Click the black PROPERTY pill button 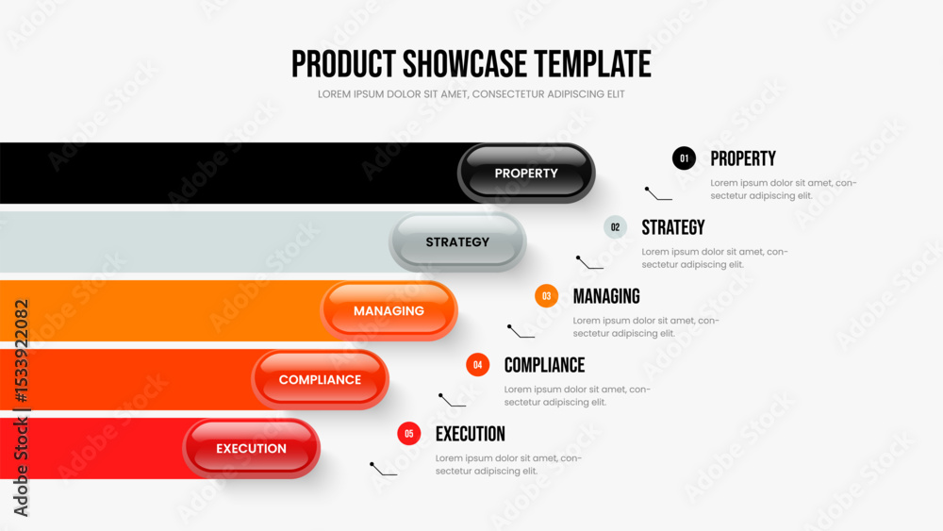526,174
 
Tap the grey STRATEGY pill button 457,241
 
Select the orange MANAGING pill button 389,311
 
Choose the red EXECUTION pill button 252,449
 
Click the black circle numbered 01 684,158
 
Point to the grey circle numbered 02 615,227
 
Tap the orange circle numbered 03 546,296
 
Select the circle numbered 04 477,364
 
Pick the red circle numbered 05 409,434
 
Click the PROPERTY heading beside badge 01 743,158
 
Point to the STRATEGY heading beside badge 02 673,227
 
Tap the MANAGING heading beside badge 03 606,296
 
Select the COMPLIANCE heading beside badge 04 544,365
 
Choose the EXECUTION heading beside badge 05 471,434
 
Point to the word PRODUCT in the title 343,64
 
